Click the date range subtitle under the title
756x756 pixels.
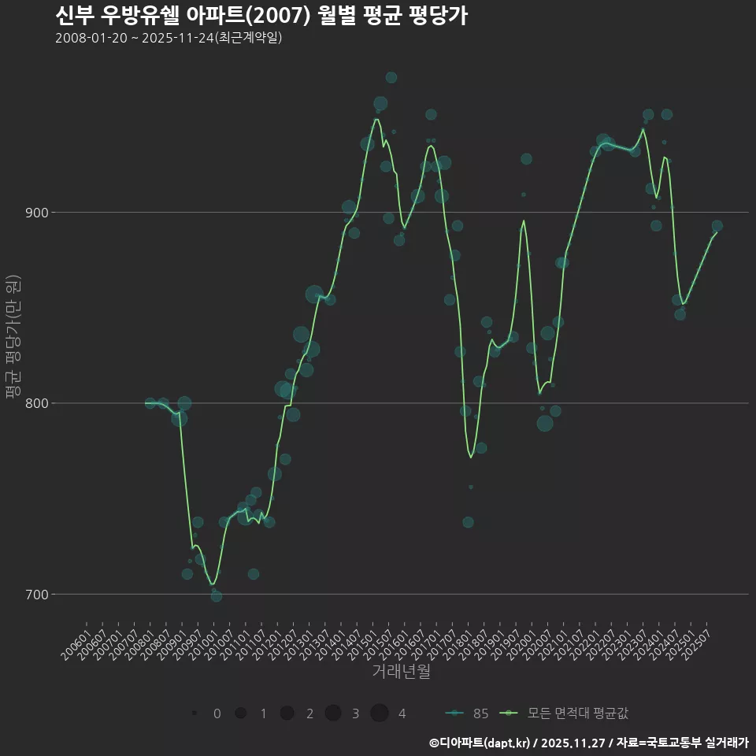169,39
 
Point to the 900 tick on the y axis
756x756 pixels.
36,213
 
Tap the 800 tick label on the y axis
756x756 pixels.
36,403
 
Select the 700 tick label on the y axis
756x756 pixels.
36,594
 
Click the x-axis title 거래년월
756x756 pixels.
401,672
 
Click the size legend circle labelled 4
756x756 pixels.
380,713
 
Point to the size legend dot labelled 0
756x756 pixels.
194,713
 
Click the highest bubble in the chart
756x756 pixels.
391,77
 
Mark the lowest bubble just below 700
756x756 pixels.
217,596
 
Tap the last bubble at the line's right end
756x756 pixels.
717,226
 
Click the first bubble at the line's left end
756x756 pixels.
150,403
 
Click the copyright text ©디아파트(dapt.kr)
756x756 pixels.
480,743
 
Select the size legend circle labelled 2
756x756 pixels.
287,713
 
